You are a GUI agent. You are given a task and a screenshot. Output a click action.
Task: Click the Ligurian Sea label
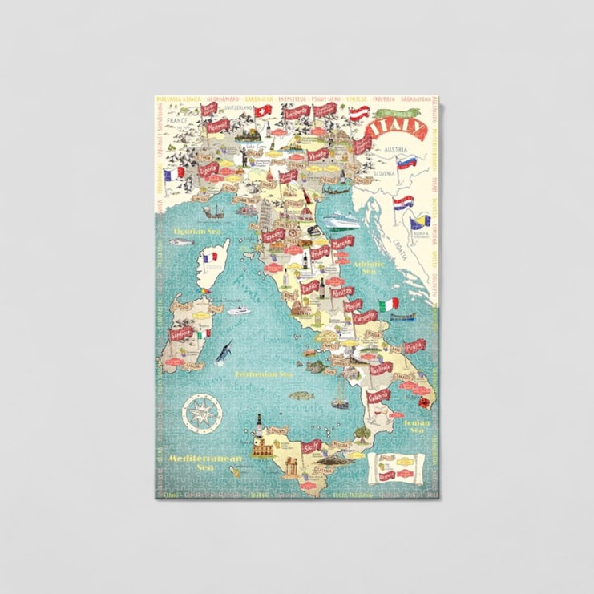point(196,232)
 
